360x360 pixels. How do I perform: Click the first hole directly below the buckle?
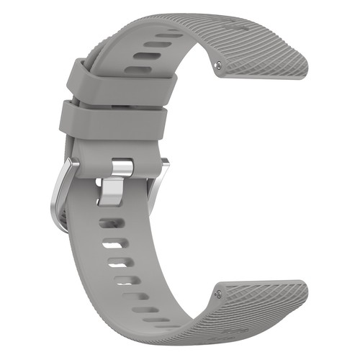[x=107, y=222]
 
